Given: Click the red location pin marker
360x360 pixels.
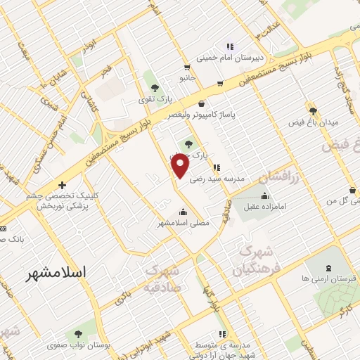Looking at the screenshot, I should click(x=181, y=165).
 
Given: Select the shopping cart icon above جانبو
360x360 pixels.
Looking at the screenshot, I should click(x=186, y=68).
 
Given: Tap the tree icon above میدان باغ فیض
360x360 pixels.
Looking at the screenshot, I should click(x=314, y=110).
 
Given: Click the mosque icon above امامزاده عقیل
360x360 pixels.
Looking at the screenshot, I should click(x=264, y=196).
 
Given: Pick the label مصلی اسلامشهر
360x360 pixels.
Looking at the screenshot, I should click(x=183, y=224).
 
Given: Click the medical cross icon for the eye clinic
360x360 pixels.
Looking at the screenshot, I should click(x=63, y=185).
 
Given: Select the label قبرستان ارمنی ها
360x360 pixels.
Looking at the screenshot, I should click(x=327, y=278).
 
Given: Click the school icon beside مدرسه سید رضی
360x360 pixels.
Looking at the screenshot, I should click(x=217, y=167).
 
